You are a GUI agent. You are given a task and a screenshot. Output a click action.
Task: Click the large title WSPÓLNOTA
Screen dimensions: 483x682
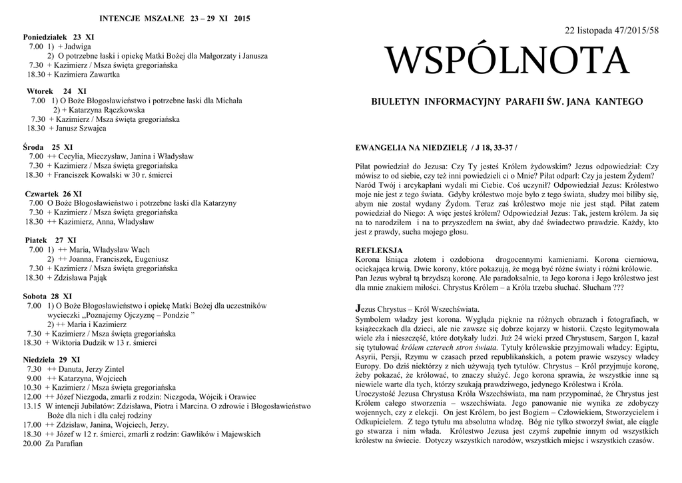coord(507,61)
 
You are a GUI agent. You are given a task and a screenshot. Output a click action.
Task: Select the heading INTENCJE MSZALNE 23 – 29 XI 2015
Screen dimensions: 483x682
coord(174,18)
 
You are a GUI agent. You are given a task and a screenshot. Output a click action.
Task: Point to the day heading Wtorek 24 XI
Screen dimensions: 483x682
coord(57,91)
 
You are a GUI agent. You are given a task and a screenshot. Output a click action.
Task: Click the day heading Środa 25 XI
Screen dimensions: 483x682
coord(48,147)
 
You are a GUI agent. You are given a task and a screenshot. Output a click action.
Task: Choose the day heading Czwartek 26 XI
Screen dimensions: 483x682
coord(53,193)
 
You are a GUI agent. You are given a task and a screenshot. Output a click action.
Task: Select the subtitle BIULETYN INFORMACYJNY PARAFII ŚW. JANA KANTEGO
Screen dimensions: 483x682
coord(507,102)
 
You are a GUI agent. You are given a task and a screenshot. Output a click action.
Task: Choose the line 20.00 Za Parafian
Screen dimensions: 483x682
coord(53,443)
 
